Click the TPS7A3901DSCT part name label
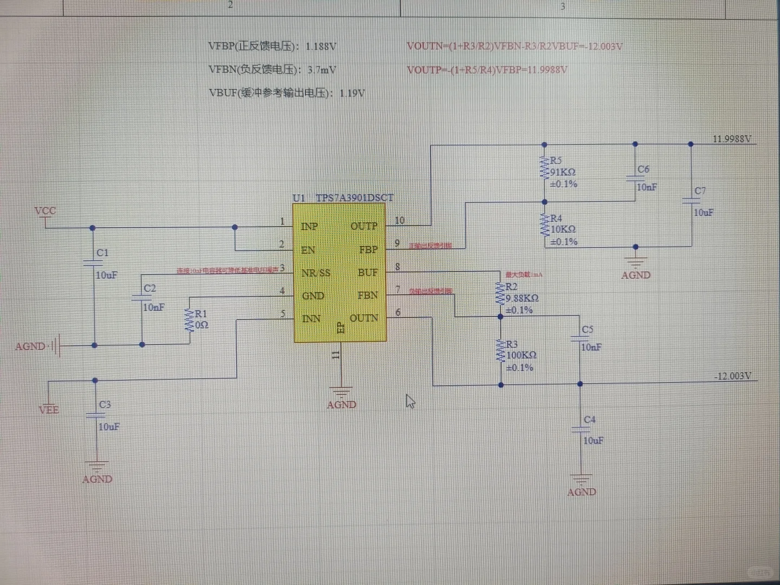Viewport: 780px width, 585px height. [x=354, y=198]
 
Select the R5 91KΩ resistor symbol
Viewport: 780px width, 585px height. [x=544, y=168]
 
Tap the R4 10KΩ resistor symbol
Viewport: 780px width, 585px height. [x=544, y=225]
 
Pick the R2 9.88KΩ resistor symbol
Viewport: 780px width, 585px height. [x=500, y=294]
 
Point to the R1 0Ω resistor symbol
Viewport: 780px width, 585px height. [x=190, y=320]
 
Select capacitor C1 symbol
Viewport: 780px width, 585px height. [x=93, y=263]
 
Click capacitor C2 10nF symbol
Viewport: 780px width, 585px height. [x=141, y=297]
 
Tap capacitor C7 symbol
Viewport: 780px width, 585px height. [x=691, y=200]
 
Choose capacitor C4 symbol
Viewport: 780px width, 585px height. [x=580, y=429]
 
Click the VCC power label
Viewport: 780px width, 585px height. [x=45, y=211]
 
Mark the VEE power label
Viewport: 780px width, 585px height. [x=49, y=410]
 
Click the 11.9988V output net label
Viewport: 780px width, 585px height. [x=731, y=139]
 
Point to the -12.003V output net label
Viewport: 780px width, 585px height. [x=732, y=376]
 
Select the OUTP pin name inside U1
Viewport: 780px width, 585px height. [x=363, y=226]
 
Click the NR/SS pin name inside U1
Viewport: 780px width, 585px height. [x=316, y=273]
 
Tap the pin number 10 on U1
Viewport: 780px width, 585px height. [x=399, y=220]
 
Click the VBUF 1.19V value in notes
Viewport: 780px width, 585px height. [x=352, y=93]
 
